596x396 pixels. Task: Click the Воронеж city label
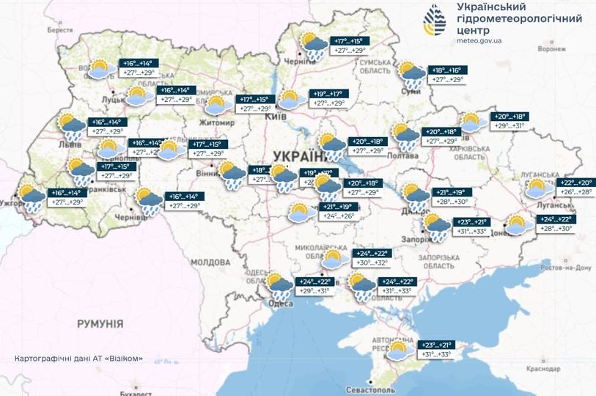click(551, 49)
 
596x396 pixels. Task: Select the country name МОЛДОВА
click(210, 262)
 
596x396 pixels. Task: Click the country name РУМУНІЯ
click(100, 323)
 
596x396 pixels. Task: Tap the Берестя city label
click(61, 30)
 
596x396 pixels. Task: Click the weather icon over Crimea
click(399, 351)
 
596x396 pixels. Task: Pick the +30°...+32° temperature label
click(372, 263)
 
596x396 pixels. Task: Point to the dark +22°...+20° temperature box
click(575, 183)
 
